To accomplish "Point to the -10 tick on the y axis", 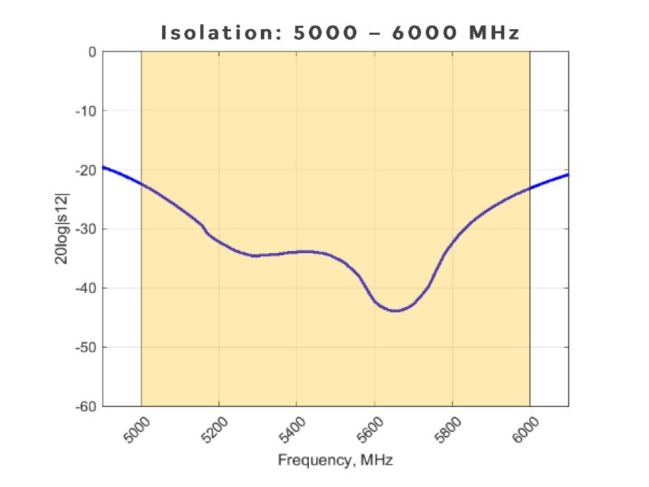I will pos(86,111).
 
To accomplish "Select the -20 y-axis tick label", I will pos(86,170).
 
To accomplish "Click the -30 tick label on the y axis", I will pos(86,229).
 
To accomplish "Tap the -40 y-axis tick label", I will pos(86,288).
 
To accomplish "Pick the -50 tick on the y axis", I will pos(86,347).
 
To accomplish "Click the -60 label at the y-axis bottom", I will pos(86,406).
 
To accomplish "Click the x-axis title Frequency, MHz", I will pos(335,460).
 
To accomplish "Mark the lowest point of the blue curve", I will pos(395,311).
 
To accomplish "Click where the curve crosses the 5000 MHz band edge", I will pos(141,184).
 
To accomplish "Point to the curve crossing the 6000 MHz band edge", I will pos(530,188).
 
